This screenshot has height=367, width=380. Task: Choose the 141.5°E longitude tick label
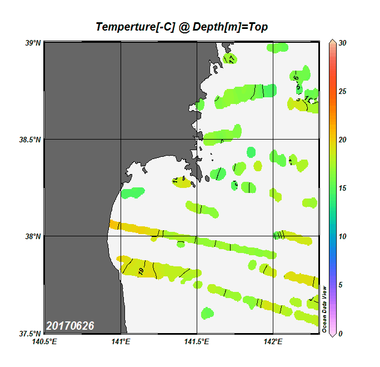pos(197,342)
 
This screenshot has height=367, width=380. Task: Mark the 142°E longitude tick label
pos(273,342)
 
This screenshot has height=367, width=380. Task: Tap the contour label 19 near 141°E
pos(140,271)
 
